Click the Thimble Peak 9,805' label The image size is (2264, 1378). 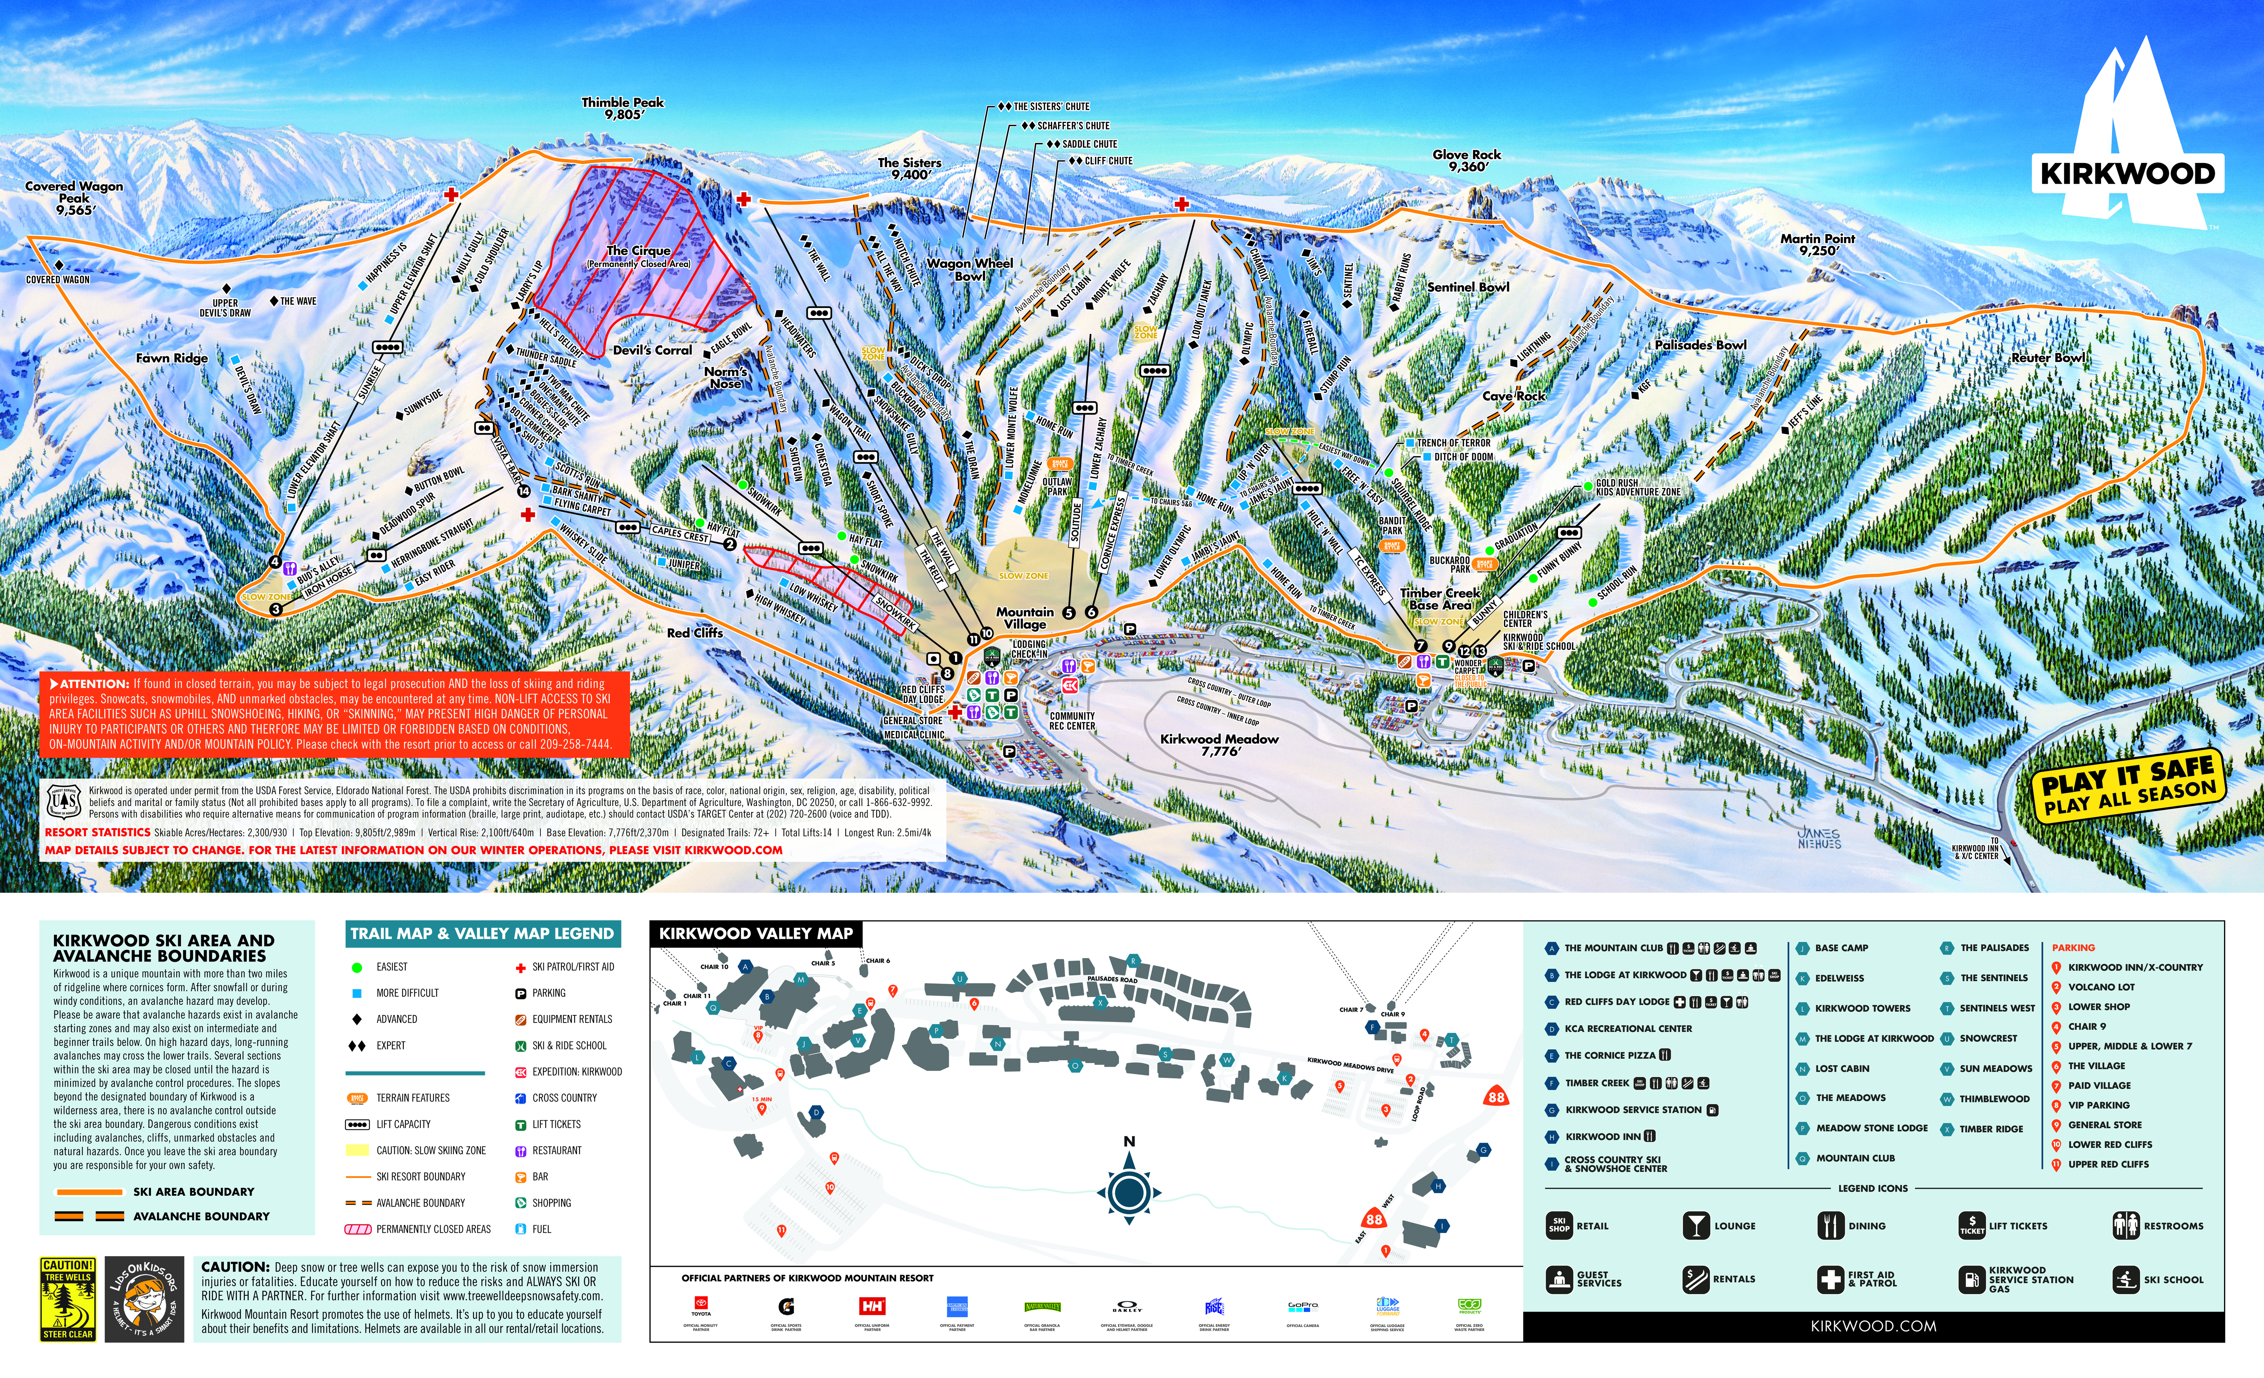pos(623,108)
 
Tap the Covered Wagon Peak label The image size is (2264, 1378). pos(74,197)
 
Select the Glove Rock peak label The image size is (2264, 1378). pos(1466,160)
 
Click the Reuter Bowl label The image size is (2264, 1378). pos(2048,357)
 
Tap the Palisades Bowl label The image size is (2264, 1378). pos(1701,344)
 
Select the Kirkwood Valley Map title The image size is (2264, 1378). pos(755,934)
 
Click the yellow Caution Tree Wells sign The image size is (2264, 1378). pos(68,1299)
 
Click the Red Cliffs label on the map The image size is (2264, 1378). pos(695,633)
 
